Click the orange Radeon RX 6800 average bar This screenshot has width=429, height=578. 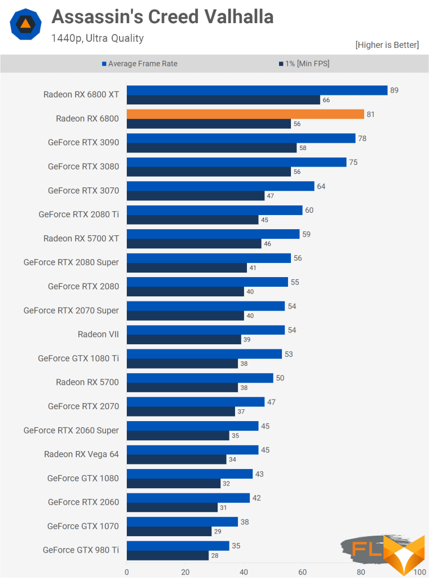(x=245, y=114)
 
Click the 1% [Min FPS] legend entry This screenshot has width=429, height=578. (x=304, y=64)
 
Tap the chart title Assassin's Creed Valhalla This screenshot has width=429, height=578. (x=162, y=17)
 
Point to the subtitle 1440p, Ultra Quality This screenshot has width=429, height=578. (x=97, y=38)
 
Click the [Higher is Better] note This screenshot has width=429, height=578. (x=387, y=45)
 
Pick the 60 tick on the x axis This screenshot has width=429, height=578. (x=303, y=571)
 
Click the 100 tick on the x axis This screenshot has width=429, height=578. (x=419, y=571)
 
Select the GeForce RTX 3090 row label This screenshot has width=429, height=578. (x=83, y=142)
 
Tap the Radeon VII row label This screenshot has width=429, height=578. (x=98, y=334)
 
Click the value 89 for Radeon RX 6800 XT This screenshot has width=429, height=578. (x=394, y=90)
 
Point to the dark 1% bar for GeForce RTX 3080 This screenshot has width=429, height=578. (x=209, y=172)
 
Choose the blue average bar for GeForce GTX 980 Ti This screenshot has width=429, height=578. (x=178, y=546)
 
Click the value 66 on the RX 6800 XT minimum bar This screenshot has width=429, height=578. (x=325, y=100)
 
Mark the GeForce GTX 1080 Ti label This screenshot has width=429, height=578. (x=78, y=358)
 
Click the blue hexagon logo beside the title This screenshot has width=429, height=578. (x=25, y=24)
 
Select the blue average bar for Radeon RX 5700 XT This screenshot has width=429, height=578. (x=213, y=234)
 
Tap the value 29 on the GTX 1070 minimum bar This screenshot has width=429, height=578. (x=217, y=532)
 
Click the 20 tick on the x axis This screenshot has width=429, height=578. (x=185, y=571)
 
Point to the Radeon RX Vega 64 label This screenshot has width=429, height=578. (x=82, y=454)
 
